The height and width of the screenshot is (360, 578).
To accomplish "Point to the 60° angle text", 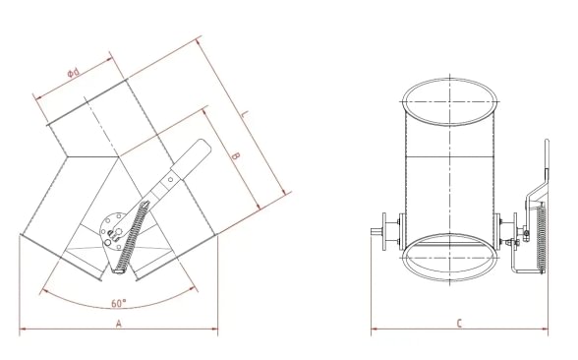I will (119, 303).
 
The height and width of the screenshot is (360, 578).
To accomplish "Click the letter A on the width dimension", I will (119, 323).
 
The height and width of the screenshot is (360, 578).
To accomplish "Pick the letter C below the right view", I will (460, 323).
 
